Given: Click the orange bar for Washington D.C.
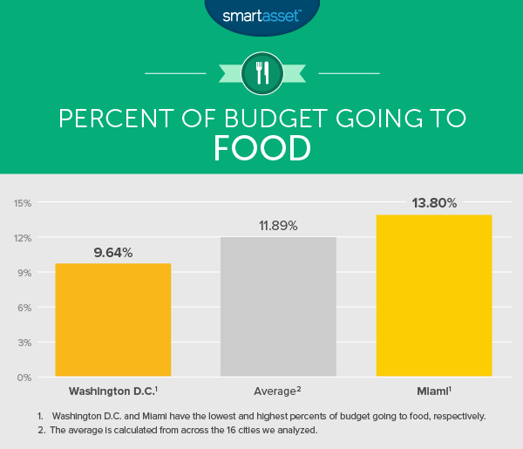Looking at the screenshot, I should pos(112,320).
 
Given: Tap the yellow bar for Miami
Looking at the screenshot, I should pos(434,296).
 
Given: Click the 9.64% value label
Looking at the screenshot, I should pos(113,253).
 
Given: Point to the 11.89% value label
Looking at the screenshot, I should pos(277,226).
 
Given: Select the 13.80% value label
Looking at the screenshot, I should pos(434,203).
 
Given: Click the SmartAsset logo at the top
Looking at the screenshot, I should pos(261,15).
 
